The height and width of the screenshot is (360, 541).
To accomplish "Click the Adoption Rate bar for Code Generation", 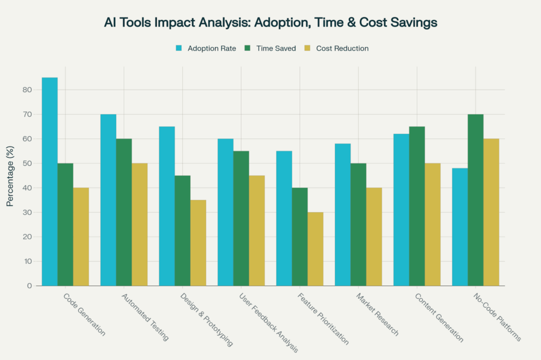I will coord(50,182).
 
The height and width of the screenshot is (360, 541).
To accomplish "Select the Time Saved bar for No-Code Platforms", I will coord(475,200).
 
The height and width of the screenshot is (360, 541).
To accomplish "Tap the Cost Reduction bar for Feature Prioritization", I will coord(315,249).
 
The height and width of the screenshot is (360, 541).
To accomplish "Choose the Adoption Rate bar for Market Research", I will coord(343,214).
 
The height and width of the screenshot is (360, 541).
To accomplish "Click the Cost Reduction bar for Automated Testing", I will coord(139,224).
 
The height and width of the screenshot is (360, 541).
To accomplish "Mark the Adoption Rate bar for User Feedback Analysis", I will coord(226,212).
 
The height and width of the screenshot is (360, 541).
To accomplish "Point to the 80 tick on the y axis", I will coord(28,90).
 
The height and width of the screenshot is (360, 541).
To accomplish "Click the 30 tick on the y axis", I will coord(28,212).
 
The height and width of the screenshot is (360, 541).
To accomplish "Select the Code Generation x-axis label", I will coord(85,316).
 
